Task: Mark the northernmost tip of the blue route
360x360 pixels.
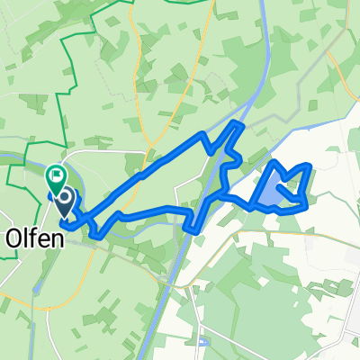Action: click(238, 122)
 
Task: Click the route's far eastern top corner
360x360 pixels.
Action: click(309, 166)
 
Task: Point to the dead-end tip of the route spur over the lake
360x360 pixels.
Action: click(283, 186)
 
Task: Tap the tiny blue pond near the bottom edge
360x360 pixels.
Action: click(202, 342)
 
